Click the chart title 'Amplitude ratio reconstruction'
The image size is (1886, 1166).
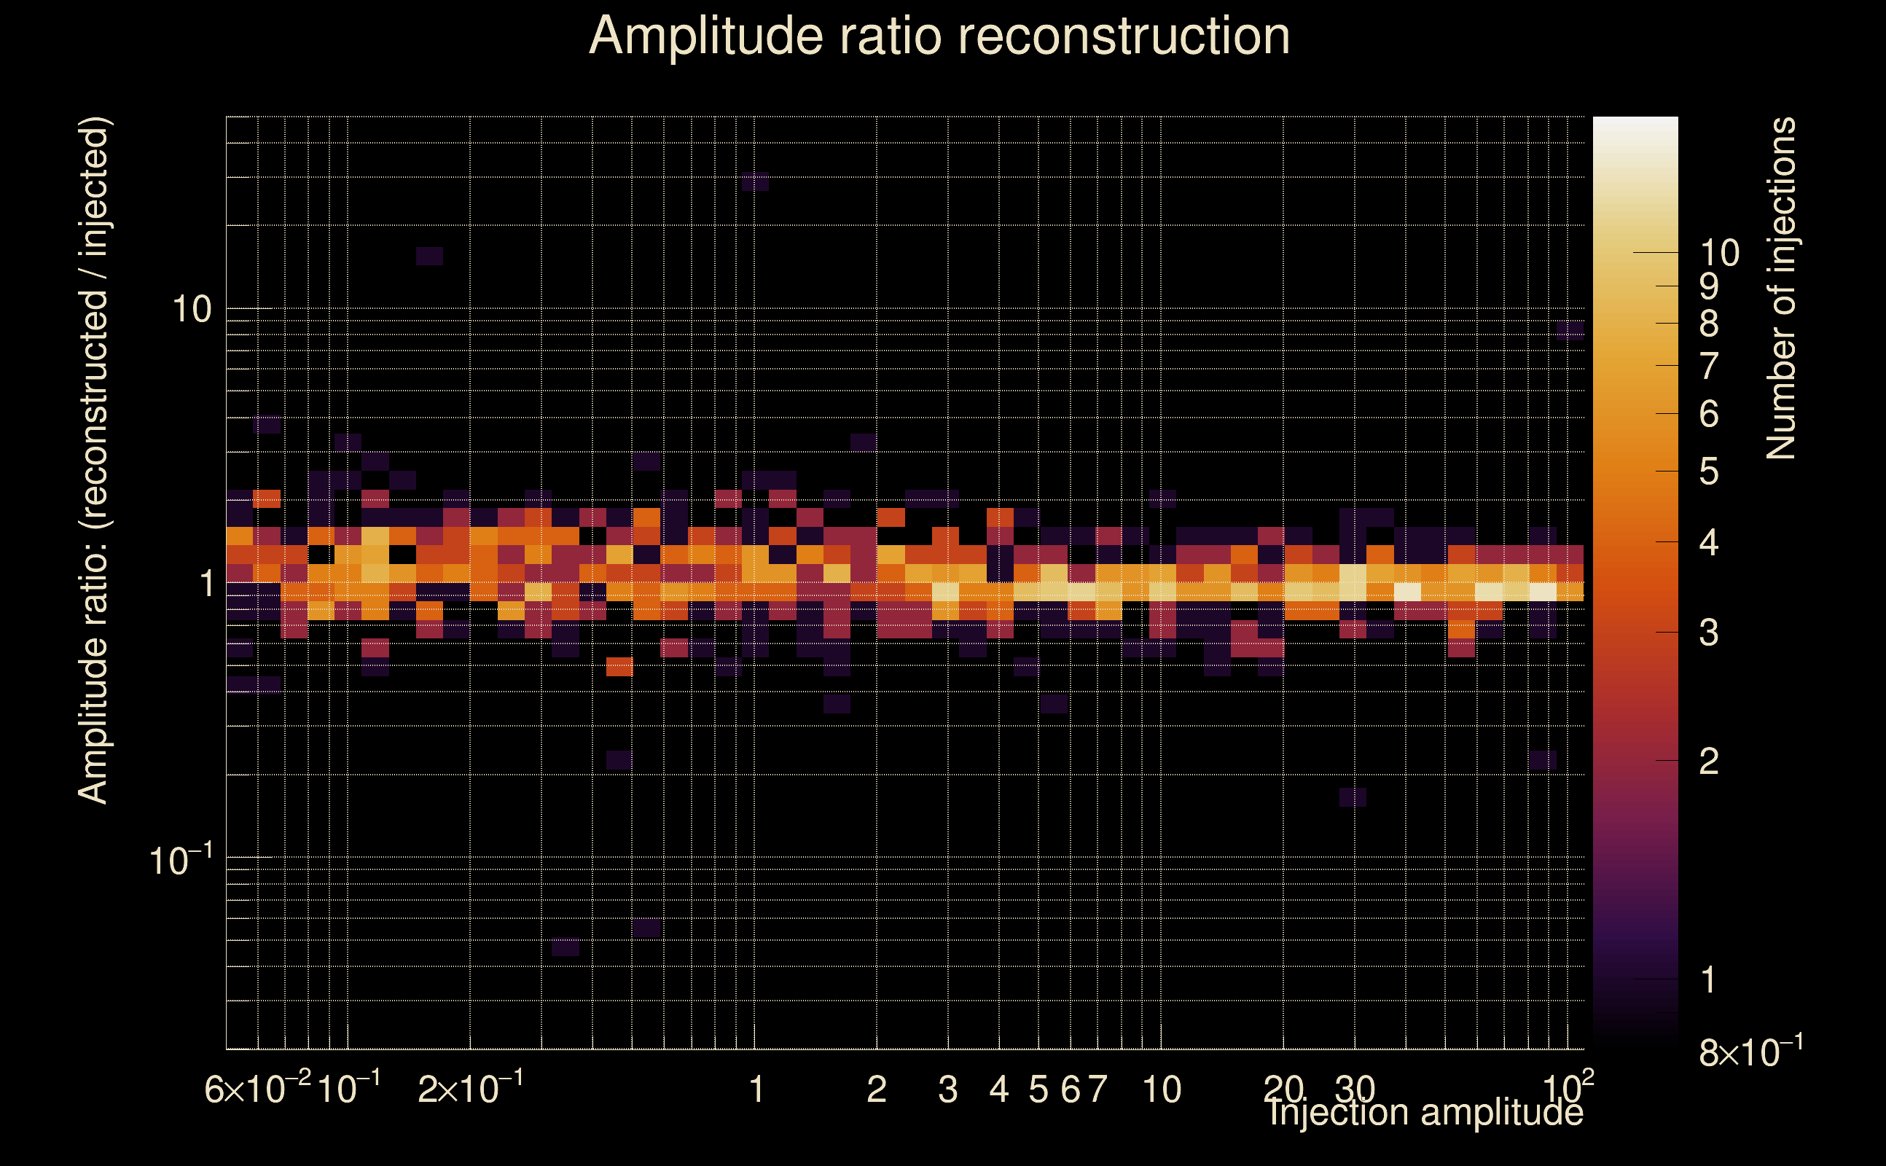(x=939, y=36)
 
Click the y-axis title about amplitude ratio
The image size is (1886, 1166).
(x=94, y=461)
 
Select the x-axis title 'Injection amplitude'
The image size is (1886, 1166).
(x=1425, y=1112)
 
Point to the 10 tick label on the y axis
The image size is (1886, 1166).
(x=190, y=310)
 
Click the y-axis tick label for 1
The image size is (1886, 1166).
(x=205, y=584)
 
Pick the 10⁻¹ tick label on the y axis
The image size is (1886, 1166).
(x=181, y=861)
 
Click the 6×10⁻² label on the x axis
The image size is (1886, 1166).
(x=257, y=1089)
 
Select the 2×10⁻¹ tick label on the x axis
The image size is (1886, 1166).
(x=470, y=1089)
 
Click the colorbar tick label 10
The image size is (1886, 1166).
(x=1719, y=253)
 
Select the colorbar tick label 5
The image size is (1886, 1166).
(x=1709, y=472)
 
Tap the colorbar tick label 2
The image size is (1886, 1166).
(x=1709, y=761)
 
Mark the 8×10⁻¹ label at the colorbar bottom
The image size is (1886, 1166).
(x=1750, y=1052)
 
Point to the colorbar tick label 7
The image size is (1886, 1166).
(x=1709, y=366)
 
